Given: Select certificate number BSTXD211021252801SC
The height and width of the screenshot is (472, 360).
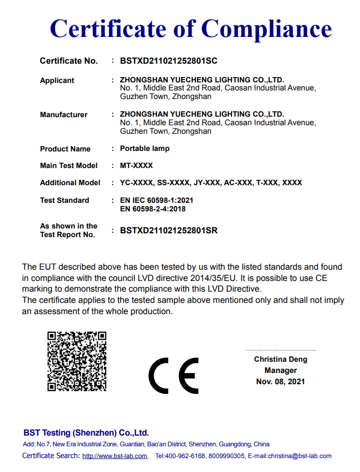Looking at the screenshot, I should pos(169,61).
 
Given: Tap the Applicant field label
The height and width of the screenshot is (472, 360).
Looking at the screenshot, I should pos(57,81).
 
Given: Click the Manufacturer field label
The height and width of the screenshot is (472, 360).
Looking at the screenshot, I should pos(64,115).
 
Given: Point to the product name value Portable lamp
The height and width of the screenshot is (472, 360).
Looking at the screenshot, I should pos(145,149).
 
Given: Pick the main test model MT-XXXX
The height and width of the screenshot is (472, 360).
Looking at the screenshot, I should pos(137,166).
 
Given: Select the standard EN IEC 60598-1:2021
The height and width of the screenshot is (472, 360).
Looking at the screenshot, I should pos(156,201).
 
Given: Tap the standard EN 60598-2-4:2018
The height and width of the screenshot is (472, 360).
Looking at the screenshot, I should pos(153,209).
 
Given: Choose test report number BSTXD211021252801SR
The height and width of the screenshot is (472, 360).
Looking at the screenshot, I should pos(169,231).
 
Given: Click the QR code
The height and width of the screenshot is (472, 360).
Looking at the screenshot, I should pos(77,361).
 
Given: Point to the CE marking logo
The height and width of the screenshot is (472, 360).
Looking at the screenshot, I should pos(173,375).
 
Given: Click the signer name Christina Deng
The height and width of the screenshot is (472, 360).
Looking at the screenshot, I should pos(280,360).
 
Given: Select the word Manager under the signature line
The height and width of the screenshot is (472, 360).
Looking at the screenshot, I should pos(280,371).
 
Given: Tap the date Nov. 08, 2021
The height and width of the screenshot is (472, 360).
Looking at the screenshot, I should pos(280,382).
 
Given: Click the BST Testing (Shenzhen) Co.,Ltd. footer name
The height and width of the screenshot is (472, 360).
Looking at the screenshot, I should pos(86,433).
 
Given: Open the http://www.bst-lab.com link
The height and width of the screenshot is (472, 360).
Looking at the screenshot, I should pos(115,456).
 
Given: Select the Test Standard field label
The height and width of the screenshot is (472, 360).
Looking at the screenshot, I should pos(65,201).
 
